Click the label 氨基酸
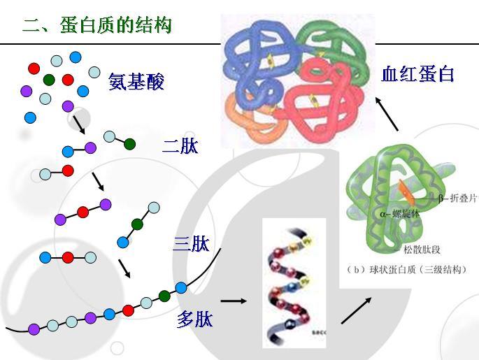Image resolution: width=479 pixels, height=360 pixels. (136, 82)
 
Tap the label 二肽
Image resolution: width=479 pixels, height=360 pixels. (180, 146)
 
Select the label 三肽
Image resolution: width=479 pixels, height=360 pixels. (191, 244)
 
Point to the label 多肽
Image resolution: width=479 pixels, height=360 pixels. (194, 319)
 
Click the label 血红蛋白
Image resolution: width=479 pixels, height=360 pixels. (417, 73)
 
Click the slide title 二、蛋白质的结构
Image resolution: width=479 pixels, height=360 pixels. (97, 27)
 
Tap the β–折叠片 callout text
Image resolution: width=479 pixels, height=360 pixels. (459, 198)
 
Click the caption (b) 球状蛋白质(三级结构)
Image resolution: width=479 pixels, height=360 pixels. (410, 269)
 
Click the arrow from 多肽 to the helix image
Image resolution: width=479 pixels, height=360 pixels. (234, 301)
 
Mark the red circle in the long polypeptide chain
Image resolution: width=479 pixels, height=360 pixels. (128, 310)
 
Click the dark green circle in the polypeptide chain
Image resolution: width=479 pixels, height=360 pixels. (164, 296)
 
